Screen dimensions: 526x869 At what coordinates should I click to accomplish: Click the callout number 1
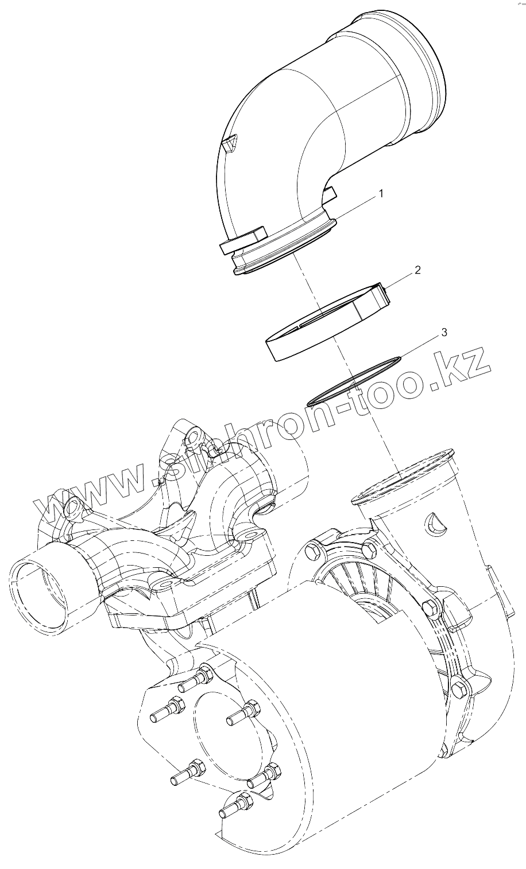[380, 194]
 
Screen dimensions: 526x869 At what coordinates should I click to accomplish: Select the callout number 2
[417, 270]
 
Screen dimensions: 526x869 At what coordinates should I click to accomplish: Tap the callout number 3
[443, 332]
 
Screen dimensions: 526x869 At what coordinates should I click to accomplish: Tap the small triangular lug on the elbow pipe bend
[230, 143]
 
